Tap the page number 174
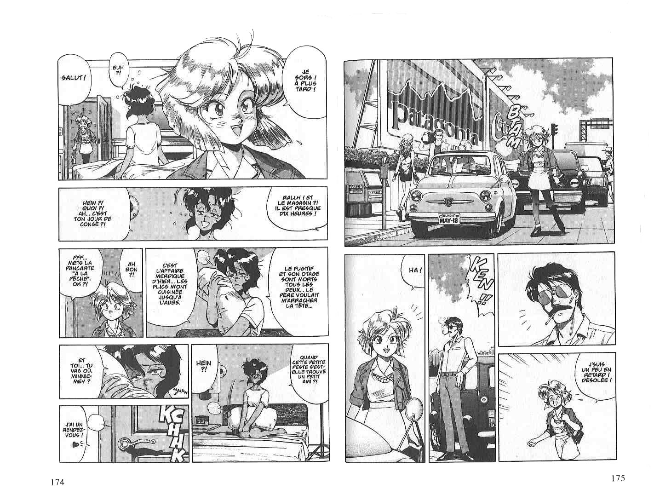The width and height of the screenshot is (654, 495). (58, 482)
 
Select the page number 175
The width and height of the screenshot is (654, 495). (618, 478)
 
